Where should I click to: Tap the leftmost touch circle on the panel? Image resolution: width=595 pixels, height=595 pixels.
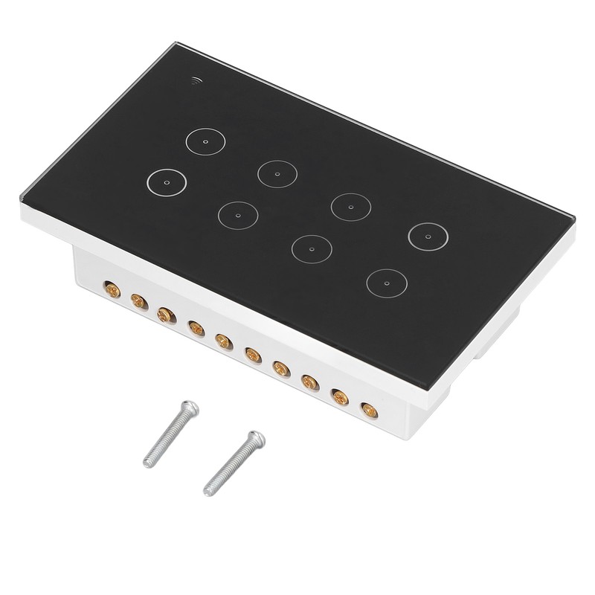pyautogui.click(x=166, y=181)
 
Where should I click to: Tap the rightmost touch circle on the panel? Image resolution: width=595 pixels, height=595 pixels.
pyautogui.click(x=427, y=235)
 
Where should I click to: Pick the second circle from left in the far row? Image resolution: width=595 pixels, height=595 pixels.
pyautogui.click(x=277, y=173)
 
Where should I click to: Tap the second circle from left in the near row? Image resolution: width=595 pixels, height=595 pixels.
pyautogui.click(x=238, y=215)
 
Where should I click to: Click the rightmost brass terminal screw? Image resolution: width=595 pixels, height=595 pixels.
pyautogui.click(x=367, y=408)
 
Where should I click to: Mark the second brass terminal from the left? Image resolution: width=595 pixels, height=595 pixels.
pyautogui.click(x=138, y=300)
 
